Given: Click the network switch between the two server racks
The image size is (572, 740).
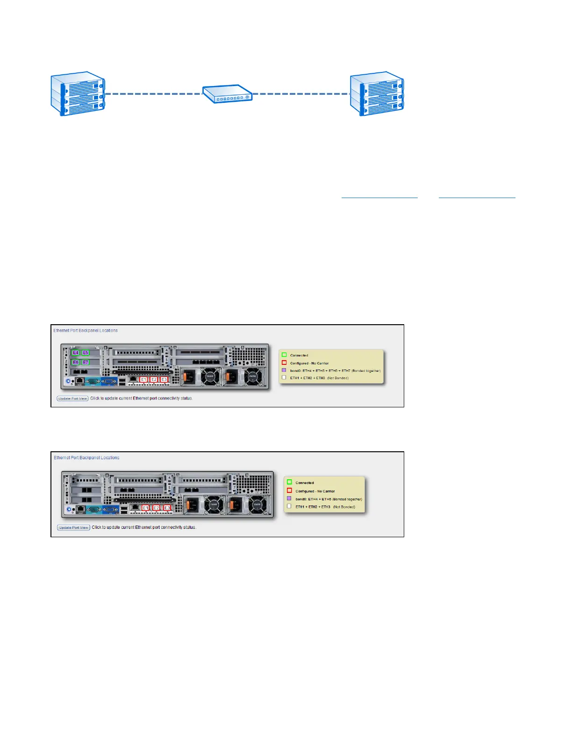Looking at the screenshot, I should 227,94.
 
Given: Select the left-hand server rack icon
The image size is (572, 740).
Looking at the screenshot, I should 78,93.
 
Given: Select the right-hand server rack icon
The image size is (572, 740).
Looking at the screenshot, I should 377,93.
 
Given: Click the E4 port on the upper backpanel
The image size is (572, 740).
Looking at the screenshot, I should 75,353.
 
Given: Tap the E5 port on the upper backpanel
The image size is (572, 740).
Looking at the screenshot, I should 86,353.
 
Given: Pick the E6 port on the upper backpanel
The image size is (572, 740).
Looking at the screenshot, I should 75,362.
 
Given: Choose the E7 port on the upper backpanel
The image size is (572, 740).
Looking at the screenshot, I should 86,362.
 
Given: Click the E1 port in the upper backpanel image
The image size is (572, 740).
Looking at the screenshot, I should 143,379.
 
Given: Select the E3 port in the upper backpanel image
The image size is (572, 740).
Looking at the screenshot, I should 164,379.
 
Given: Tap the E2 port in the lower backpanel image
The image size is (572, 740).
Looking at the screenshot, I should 157,508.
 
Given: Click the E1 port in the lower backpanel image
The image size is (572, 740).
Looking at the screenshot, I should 145,508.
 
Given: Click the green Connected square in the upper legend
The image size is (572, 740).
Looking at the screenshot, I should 284,355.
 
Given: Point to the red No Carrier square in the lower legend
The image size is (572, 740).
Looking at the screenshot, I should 289,491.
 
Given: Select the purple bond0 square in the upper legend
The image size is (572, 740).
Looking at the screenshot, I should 284,370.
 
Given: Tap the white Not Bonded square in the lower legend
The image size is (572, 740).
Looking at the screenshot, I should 289,506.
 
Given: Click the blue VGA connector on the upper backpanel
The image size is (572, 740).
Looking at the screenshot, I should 109,381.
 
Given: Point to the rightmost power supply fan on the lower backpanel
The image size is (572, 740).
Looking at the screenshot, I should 257,505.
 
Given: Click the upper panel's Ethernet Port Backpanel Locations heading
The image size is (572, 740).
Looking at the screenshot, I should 86,330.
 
